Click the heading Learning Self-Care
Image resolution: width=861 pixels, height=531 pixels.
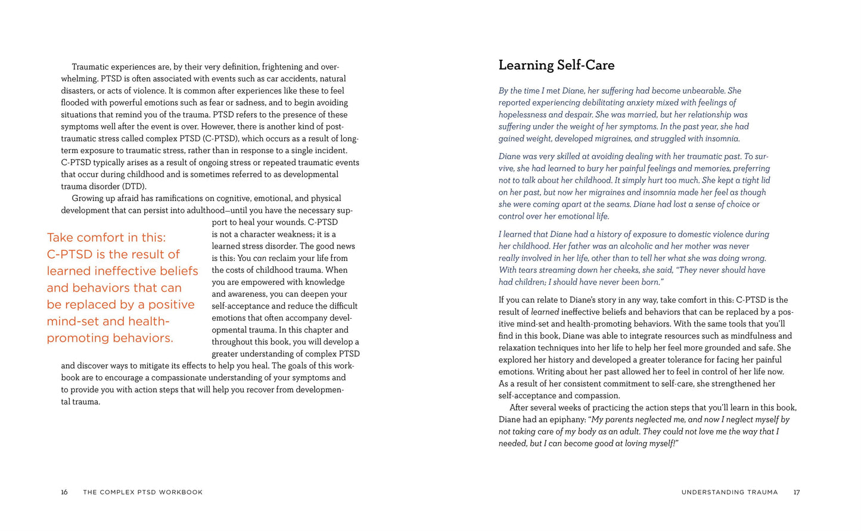click(556, 65)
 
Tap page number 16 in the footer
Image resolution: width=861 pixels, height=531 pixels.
click(64, 492)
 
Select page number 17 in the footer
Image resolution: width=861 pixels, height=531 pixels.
click(796, 492)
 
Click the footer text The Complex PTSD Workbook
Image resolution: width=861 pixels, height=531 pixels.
click(143, 492)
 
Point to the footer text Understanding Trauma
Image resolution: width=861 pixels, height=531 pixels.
click(729, 492)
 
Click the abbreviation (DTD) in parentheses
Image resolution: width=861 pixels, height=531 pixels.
click(134, 187)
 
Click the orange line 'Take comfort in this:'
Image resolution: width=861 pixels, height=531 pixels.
click(107, 237)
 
